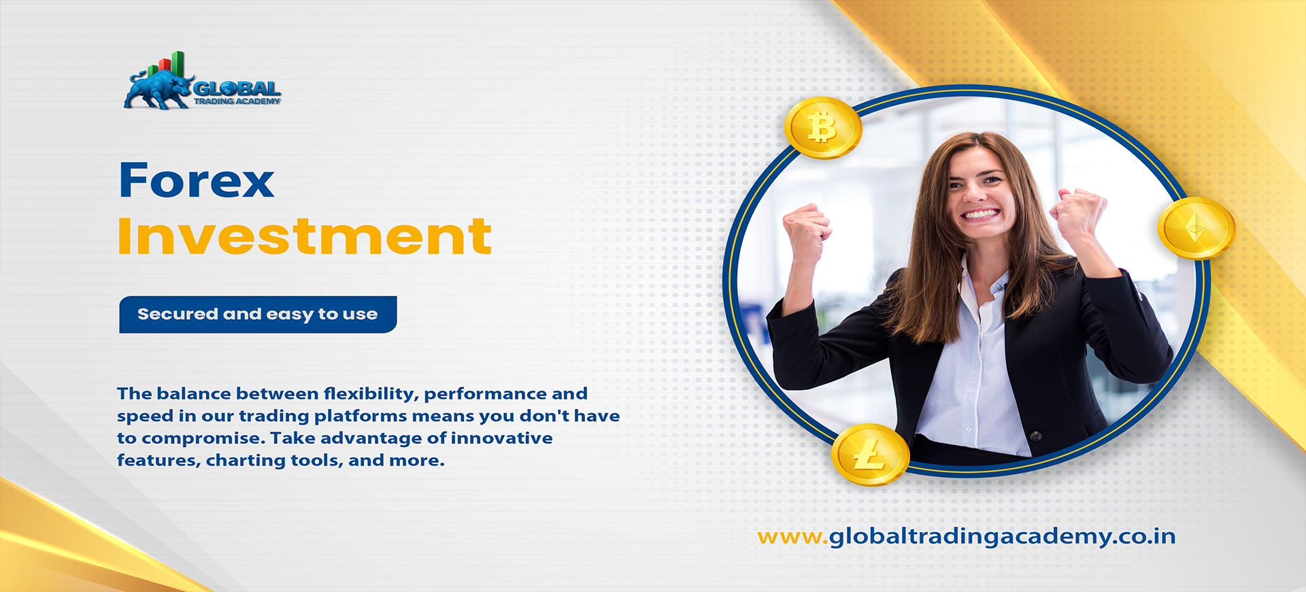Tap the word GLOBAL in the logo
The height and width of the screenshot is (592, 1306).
pyautogui.click(x=237, y=88)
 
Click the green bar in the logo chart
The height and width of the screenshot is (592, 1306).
pyautogui.click(x=178, y=64)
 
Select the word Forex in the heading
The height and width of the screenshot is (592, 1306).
pyautogui.click(x=197, y=181)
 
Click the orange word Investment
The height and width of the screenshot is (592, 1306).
pyautogui.click(x=304, y=236)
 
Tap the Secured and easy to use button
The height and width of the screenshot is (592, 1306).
pyautogui.click(x=258, y=314)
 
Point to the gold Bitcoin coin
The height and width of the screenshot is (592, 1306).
pyautogui.click(x=823, y=128)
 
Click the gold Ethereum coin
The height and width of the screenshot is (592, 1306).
pyautogui.click(x=1196, y=229)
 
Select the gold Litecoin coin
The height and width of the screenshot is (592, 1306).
pyautogui.click(x=870, y=455)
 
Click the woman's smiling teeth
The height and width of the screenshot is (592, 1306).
pyautogui.click(x=980, y=214)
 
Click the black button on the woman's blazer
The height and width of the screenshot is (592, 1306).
pyautogui.click(x=1035, y=435)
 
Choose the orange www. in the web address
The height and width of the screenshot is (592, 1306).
pyautogui.click(x=793, y=538)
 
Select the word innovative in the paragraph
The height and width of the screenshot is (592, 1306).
pyautogui.click(x=501, y=438)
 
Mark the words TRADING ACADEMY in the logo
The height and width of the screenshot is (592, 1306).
pyautogui.click(x=237, y=101)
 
